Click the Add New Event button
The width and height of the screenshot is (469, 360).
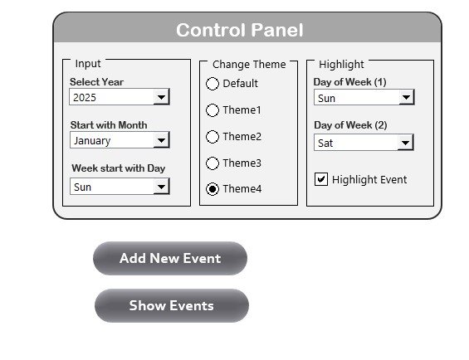tap(170, 258)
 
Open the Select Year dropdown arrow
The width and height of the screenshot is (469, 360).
tap(161, 97)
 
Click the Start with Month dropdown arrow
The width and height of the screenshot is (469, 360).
tap(161, 140)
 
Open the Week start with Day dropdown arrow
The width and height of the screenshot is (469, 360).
tap(161, 187)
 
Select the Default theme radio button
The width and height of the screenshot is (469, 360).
tap(213, 84)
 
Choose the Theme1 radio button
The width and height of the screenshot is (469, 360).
tap(213, 110)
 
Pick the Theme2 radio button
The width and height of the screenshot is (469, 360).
tap(213, 137)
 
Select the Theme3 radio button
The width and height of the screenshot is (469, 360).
tap(213, 163)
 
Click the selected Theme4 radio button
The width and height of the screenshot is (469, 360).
tap(213, 189)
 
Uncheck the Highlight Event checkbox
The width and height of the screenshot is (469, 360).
tap(321, 179)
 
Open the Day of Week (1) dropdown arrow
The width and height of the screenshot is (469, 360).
tap(406, 97)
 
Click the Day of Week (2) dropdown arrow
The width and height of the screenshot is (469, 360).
tap(405, 143)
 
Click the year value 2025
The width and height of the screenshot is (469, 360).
tap(85, 98)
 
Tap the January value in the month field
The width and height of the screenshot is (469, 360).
tap(92, 140)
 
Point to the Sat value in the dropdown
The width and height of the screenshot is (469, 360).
tap(325, 144)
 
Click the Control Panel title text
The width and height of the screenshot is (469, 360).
tap(240, 30)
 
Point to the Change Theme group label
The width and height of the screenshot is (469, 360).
tap(249, 65)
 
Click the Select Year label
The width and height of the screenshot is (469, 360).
tap(96, 82)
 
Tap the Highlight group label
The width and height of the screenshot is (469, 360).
tap(341, 65)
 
